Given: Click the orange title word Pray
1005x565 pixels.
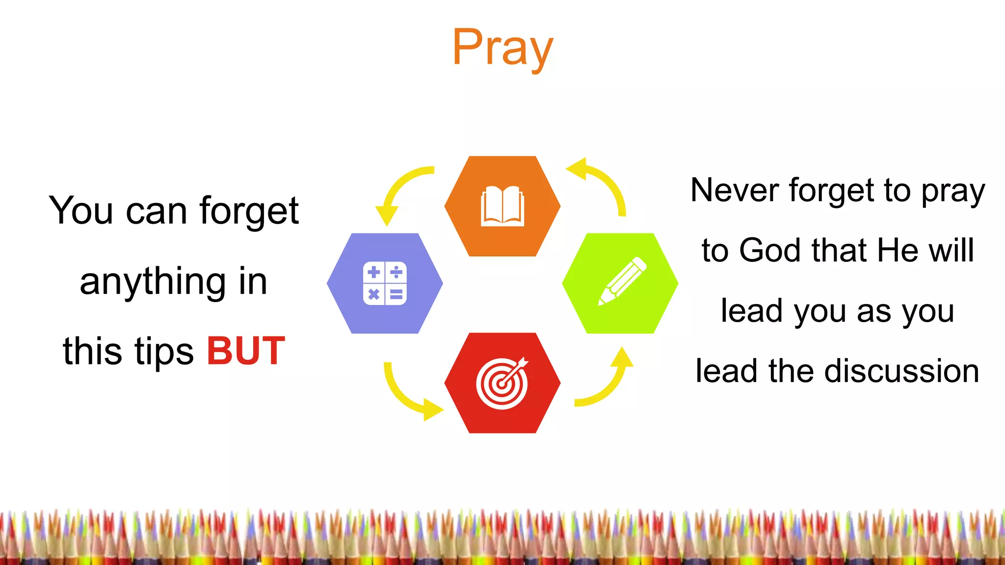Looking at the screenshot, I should coord(502,48).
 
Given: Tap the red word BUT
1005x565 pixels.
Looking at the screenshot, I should coord(246,351).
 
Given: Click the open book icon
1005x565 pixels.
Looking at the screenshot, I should coord(502,206).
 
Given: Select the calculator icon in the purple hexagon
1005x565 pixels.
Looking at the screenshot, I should coord(385,283).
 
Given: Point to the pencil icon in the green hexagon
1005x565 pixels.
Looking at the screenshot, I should coord(622,282).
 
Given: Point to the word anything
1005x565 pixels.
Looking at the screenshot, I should coord(152,282).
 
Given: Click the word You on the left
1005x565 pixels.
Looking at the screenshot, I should coord(81,211).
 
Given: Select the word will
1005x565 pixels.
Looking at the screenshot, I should coord(952,251).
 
